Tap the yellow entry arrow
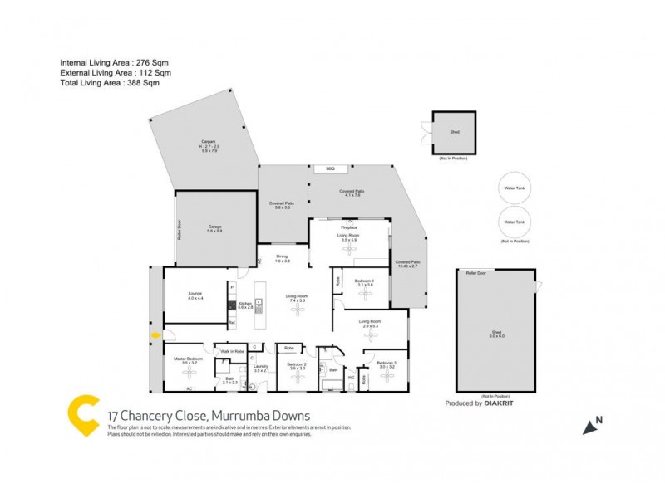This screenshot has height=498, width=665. pyautogui.click(x=155, y=335)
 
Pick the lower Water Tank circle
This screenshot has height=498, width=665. pyautogui.click(x=515, y=222)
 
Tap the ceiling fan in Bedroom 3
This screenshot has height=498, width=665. pyautogui.click(x=387, y=378)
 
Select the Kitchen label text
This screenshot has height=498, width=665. pyautogui.click(x=244, y=305)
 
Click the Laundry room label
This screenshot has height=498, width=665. pyautogui.click(x=260, y=367)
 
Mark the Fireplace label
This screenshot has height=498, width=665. pyautogui.click(x=349, y=226)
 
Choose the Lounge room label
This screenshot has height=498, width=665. pyautogui.click(x=195, y=295)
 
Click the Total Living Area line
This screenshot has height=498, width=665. pyautogui.click(x=109, y=83)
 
